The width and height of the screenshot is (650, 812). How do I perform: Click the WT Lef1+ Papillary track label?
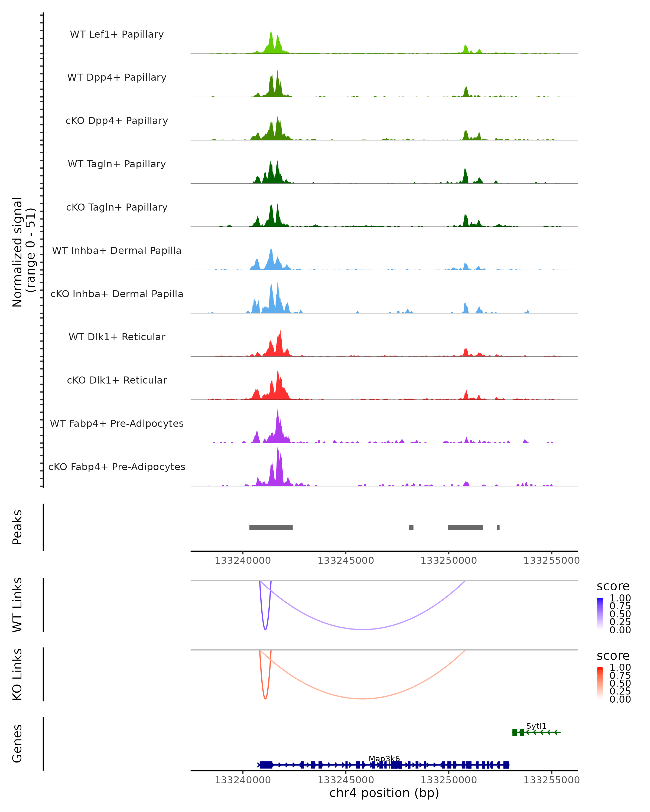coord(117,34)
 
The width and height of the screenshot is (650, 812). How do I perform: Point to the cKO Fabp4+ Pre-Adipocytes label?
coord(117,467)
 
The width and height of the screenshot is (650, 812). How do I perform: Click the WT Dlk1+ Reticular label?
coord(117,337)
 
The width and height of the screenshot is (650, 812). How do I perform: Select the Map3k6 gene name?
coord(384,758)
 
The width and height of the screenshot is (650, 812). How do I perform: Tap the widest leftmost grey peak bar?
coord(271,527)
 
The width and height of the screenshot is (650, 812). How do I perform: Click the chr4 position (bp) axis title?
coord(384,793)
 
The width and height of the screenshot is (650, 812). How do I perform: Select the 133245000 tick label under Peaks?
coord(346,561)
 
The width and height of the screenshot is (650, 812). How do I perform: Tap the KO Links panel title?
coord(17,674)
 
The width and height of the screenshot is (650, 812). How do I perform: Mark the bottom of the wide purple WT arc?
coord(362,629)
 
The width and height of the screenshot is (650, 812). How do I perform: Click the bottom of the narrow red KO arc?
coord(265,699)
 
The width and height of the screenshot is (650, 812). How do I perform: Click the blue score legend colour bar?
coord(600,613)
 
